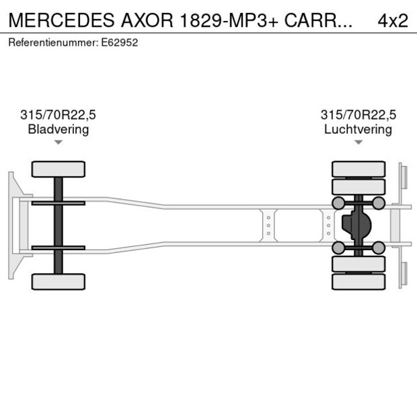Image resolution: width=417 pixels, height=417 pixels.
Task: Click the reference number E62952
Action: pyautogui.click(x=122, y=42)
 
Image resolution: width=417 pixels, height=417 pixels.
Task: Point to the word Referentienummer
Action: pyautogui.click(x=52, y=42)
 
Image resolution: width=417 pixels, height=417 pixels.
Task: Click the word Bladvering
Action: pyautogui.click(x=58, y=129)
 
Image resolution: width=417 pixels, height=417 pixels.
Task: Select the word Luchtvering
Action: pyautogui.click(x=358, y=129)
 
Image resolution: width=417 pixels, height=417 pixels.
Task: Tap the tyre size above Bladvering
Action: pyautogui.click(x=58, y=115)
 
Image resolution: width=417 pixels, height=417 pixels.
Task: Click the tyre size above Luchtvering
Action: pyautogui.click(x=358, y=115)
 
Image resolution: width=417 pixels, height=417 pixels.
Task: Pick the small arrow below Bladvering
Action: pyautogui.click(x=58, y=143)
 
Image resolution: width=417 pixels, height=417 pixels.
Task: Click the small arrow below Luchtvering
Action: pyautogui.click(x=358, y=143)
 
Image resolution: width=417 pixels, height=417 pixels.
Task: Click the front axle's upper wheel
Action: pyautogui.click(x=58, y=169)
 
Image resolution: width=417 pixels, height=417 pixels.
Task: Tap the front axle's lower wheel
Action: pyautogui.click(x=58, y=282)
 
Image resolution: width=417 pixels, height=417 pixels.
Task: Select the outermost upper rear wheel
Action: pyautogui.click(x=358, y=168)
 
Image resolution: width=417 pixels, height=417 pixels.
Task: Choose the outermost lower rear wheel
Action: pyautogui.click(x=358, y=282)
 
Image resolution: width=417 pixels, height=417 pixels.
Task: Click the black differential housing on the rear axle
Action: pyautogui.click(x=356, y=225)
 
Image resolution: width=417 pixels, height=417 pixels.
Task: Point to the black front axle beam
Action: pyautogui.click(x=58, y=225)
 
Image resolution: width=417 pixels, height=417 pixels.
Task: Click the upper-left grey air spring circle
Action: pyautogui.click(x=338, y=203)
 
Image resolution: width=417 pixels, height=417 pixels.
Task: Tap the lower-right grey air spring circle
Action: pyautogui.click(x=379, y=248)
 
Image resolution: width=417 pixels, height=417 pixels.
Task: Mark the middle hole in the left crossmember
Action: pyautogui.click(x=268, y=225)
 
